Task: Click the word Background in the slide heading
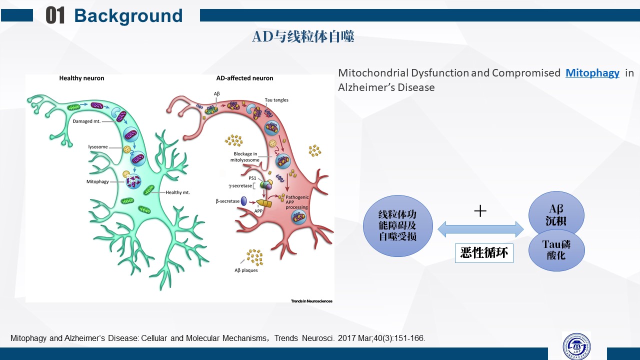(128, 16)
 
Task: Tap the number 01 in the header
(55, 16)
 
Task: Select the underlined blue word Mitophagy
(592, 73)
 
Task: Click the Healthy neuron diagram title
(81, 78)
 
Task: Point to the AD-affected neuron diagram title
(244, 78)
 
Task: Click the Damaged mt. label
(86, 121)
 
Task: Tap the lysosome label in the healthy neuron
(98, 146)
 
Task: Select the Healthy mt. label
(179, 192)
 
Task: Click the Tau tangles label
(276, 100)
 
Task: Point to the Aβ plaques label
(246, 270)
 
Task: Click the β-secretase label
(227, 201)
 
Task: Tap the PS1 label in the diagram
(252, 177)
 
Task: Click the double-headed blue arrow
(480, 229)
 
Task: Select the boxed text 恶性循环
(484, 253)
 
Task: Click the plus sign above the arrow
(480, 211)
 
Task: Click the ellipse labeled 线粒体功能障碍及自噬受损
(397, 225)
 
